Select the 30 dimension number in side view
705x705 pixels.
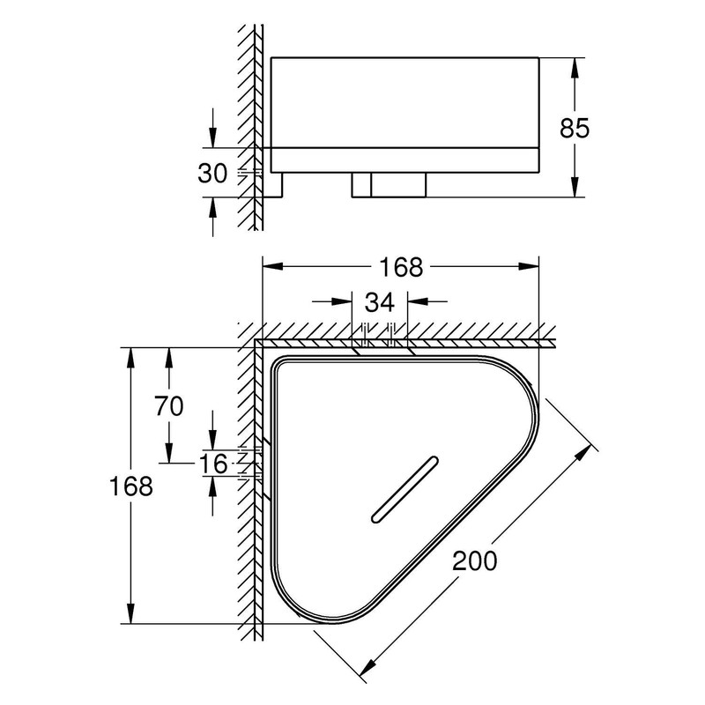[213, 173]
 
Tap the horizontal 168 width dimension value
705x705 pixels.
[402, 265]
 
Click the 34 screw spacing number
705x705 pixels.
[380, 302]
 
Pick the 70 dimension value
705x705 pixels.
[168, 406]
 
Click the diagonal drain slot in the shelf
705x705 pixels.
[406, 489]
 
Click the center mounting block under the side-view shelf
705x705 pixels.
[390, 184]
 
